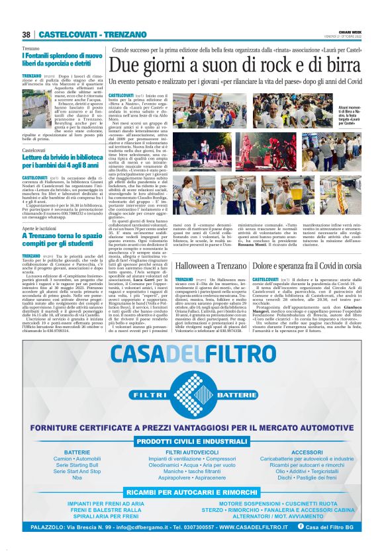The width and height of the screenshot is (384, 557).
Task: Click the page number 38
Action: tap(26, 34)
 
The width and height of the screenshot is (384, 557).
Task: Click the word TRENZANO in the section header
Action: tap(122, 34)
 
